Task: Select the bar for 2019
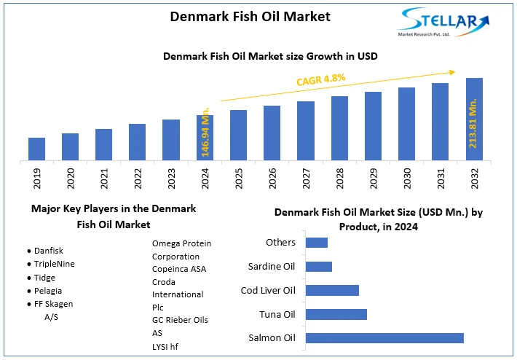click(36, 149)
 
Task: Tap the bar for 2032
click(474, 119)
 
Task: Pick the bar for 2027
click(306, 130)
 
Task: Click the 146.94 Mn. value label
click(205, 134)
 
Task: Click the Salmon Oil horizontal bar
click(384, 337)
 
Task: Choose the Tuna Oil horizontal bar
click(336, 314)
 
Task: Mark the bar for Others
click(317, 243)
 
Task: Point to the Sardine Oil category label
click(272, 266)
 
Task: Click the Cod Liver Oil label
click(268, 290)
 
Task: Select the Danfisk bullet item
click(48, 250)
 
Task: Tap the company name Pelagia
click(49, 290)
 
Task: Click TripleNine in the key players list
click(55, 263)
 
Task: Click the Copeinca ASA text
click(179, 269)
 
